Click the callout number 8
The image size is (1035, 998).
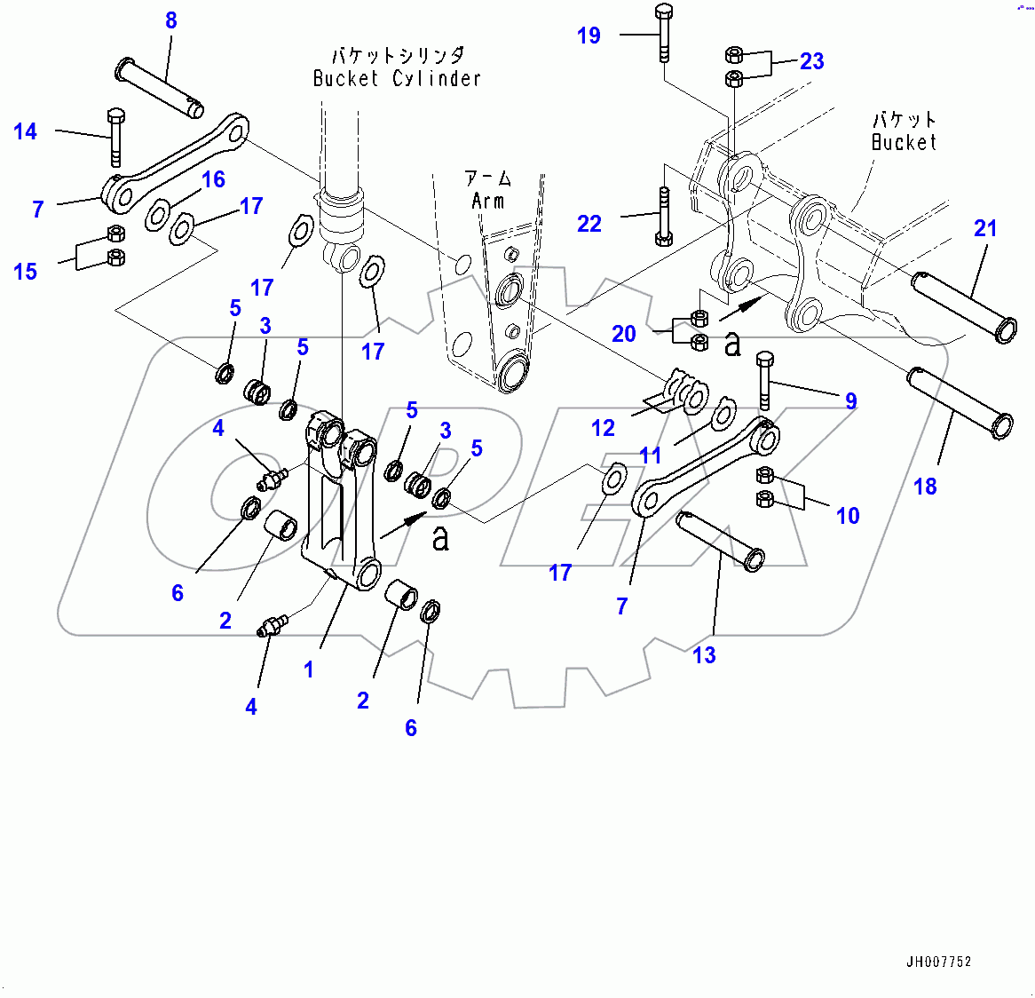pyautogui.click(x=171, y=20)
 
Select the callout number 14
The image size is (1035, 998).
pyautogui.click(x=26, y=132)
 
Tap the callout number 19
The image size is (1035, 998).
pyautogui.click(x=589, y=36)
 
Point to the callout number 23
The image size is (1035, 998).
pyautogui.click(x=811, y=61)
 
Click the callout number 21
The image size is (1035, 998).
pyautogui.click(x=985, y=228)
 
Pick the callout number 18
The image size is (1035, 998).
pyautogui.click(x=925, y=486)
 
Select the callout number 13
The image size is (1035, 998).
pyautogui.click(x=704, y=655)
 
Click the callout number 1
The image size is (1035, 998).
pyautogui.click(x=309, y=669)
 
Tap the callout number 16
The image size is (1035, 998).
pyautogui.click(x=213, y=179)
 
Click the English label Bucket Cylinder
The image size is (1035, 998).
pyautogui.click(x=397, y=79)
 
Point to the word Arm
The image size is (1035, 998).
pyautogui.click(x=487, y=201)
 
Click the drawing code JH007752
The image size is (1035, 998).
pyautogui.click(x=938, y=962)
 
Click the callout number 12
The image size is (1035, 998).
pyautogui.click(x=603, y=428)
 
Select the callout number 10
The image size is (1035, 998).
pyautogui.click(x=848, y=516)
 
